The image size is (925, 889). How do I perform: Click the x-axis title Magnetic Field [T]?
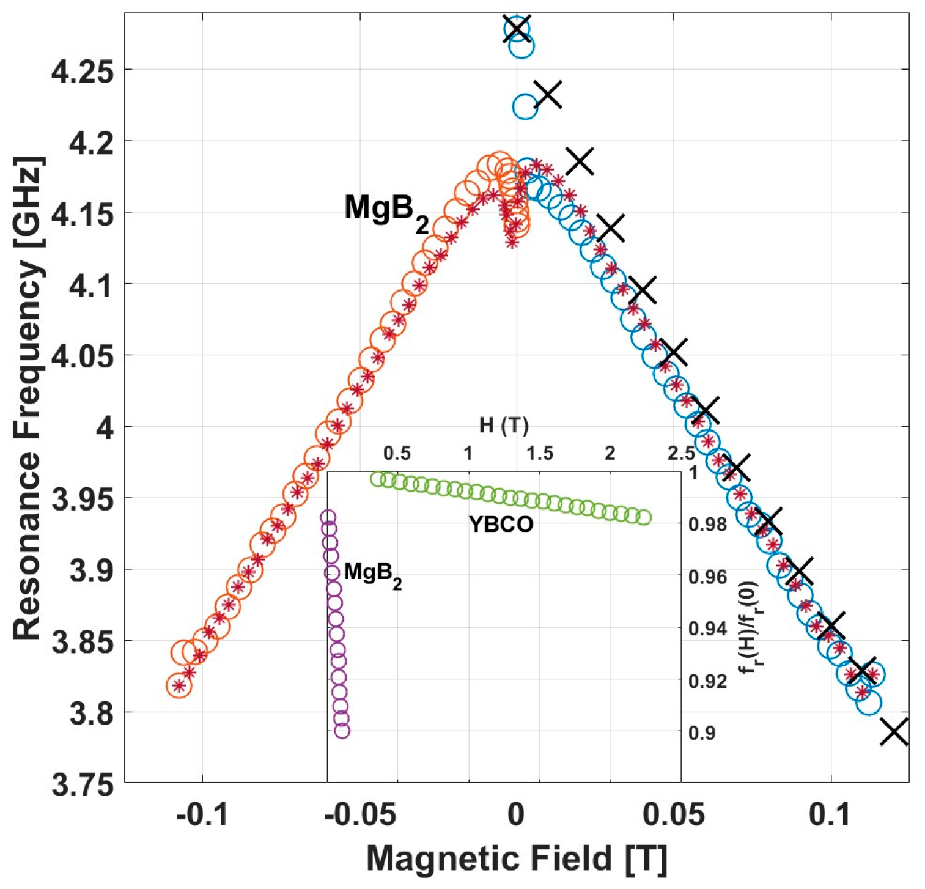(517, 858)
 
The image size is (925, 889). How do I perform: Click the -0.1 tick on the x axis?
(201, 814)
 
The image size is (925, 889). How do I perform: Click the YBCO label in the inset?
(501, 525)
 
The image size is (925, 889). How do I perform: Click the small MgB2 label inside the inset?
(372, 574)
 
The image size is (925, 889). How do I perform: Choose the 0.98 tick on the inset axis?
(706, 525)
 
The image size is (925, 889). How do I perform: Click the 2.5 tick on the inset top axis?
(680, 454)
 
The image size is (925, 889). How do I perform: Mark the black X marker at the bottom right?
(894, 732)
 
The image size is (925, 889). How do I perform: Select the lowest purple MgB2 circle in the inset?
(342, 731)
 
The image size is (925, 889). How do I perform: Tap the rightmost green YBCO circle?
(643, 518)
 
